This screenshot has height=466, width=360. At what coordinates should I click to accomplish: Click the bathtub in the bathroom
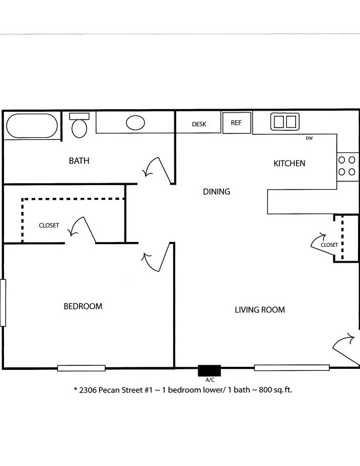pyautogui.click(x=31, y=125)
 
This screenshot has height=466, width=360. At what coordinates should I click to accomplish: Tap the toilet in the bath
pyautogui.click(x=79, y=126)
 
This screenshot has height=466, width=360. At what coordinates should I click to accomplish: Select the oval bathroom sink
pyautogui.click(x=135, y=122)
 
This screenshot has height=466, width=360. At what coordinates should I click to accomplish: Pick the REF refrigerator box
pyautogui.click(x=237, y=123)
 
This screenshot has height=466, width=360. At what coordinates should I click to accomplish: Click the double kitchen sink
pyautogui.click(x=285, y=121)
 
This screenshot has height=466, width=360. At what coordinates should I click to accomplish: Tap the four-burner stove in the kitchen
pyautogui.click(x=347, y=166)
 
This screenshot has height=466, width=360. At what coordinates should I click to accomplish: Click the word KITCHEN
pyautogui.click(x=289, y=164)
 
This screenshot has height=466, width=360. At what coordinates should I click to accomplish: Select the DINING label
pyautogui.click(x=217, y=192)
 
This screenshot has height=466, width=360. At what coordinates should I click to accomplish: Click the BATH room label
pyautogui.click(x=79, y=161)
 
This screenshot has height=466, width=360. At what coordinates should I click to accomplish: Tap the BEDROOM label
pyautogui.click(x=83, y=306)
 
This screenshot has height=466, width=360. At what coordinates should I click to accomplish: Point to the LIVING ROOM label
pyautogui.click(x=260, y=310)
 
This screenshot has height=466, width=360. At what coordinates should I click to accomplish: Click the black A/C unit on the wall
pyautogui.click(x=209, y=370)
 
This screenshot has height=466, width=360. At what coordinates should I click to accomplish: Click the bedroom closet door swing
pyautogui.click(x=84, y=229)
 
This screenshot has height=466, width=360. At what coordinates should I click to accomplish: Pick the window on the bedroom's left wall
pyautogui.click(x=3, y=302)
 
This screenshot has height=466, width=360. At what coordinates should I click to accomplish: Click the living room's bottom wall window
pyautogui.click(x=292, y=368)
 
